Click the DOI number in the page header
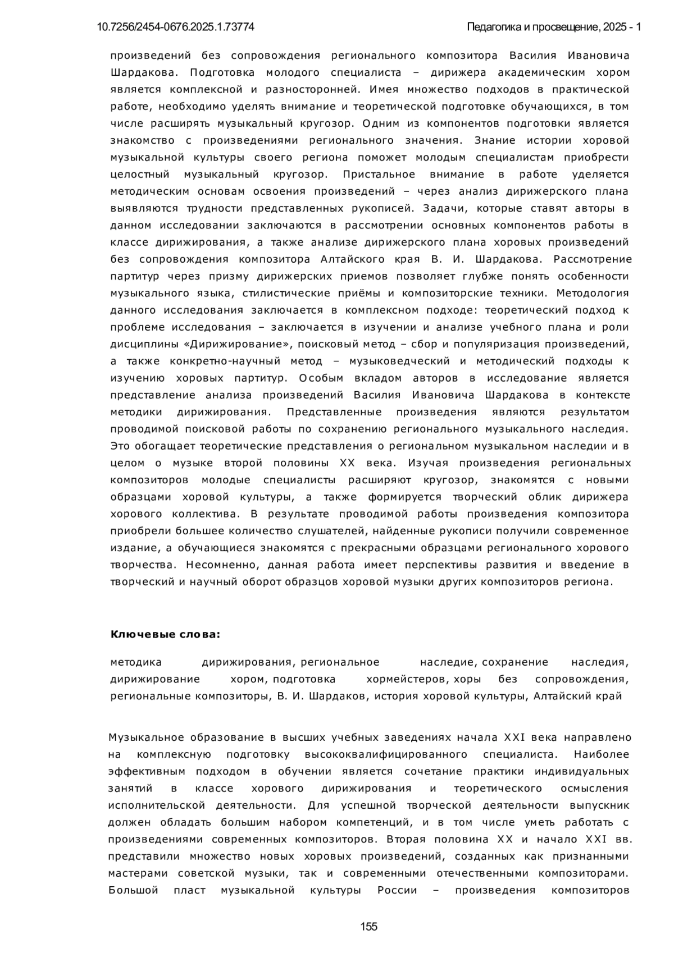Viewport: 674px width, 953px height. [175, 27]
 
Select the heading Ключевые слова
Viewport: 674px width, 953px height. [165, 635]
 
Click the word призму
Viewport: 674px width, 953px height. [230, 276]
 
